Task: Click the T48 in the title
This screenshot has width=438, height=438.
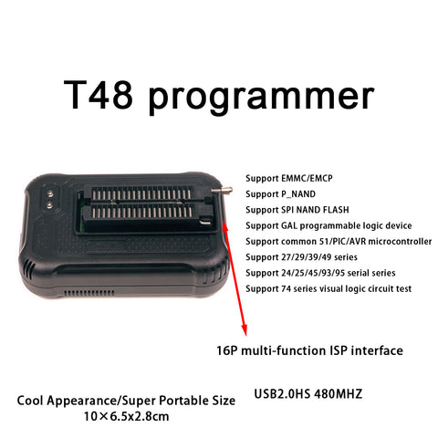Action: click(99, 95)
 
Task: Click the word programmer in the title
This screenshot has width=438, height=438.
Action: click(261, 98)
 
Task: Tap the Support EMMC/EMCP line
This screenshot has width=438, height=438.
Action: click(289, 178)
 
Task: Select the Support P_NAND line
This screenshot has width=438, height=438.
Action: click(280, 194)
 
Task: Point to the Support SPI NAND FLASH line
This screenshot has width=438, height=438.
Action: click(297, 210)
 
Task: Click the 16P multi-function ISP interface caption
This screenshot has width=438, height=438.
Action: click(309, 350)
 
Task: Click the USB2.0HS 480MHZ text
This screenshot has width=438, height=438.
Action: click(308, 394)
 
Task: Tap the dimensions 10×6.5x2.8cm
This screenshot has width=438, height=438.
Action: click(126, 416)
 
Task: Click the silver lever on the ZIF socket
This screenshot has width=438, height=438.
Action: click(222, 191)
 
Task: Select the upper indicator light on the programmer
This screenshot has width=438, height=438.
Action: click(50, 193)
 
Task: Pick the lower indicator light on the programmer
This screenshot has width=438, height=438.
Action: click(49, 205)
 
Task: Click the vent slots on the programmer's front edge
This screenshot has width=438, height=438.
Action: click(89, 293)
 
